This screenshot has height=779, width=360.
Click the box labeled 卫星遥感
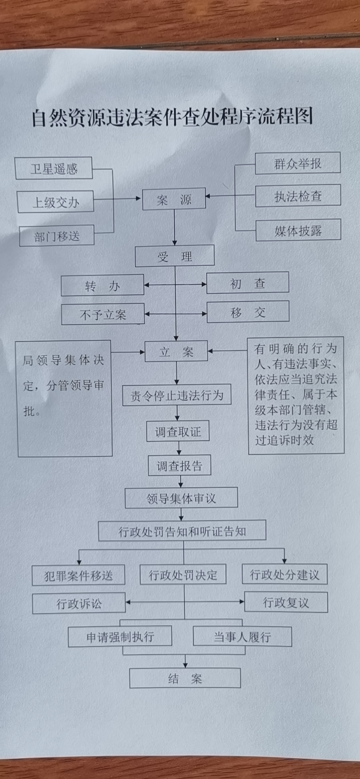[x=54, y=168]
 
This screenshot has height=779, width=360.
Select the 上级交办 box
[x=56, y=202]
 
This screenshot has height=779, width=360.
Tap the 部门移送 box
[x=57, y=236]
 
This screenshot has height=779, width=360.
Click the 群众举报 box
[x=297, y=163]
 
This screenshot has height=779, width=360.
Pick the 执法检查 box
[x=298, y=196]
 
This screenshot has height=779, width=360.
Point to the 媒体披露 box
[x=298, y=230]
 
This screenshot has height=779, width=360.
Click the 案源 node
[x=174, y=199]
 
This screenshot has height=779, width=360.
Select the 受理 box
[x=175, y=256]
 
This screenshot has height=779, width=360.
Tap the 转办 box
[x=102, y=286]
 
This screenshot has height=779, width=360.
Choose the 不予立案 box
[x=103, y=314]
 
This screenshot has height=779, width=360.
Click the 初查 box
[x=248, y=283]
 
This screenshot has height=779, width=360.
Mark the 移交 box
[x=248, y=312]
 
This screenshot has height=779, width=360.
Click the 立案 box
[x=176, y=351]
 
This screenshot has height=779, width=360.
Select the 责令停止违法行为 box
[x=177, y=395]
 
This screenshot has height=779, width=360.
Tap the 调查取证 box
[x=178, y=431]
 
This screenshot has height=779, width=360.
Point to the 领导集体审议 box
[x=181, y=498]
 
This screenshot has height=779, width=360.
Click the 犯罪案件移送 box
[x=78, y=575]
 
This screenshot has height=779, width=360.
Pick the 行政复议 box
[x=286, y=602]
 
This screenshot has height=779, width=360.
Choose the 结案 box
[x=185, y=678]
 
